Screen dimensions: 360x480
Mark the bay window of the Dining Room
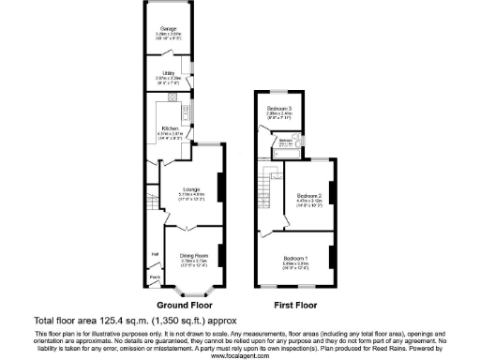coord(192,290)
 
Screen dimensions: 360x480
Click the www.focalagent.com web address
coord(239,355)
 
